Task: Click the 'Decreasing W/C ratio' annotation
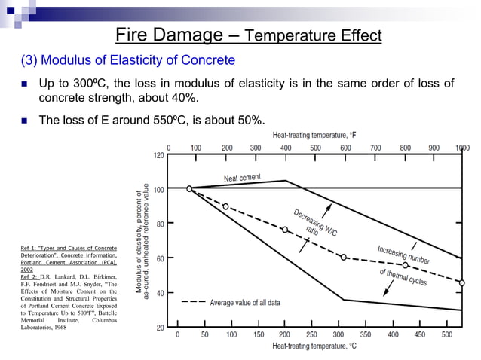317,220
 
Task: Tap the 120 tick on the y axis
159,154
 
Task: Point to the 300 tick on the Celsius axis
339,334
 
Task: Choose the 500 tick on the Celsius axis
447,334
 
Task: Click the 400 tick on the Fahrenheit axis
286,148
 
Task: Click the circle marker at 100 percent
189,188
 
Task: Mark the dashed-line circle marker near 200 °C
285,230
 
